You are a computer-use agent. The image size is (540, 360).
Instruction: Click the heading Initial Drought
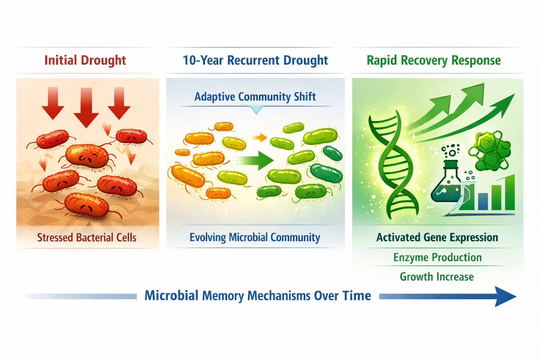point(85,60)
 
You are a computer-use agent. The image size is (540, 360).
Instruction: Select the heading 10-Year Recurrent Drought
point(255,60)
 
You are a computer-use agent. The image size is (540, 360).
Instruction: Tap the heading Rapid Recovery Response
point(433,60)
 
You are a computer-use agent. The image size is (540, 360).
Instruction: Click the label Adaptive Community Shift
point(255,97)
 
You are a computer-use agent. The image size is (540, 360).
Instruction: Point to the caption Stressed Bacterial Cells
point(86,238)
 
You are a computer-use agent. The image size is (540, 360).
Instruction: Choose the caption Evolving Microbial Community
point(255,237)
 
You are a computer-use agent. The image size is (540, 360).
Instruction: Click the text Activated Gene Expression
point(437,237)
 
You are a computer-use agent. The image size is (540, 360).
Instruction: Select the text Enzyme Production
point(437,257)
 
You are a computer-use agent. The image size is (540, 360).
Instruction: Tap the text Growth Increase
point(437,277)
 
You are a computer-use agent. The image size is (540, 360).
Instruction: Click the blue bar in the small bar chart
point(483,201)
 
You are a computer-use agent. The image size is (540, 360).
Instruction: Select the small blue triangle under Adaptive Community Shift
point(257,110)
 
